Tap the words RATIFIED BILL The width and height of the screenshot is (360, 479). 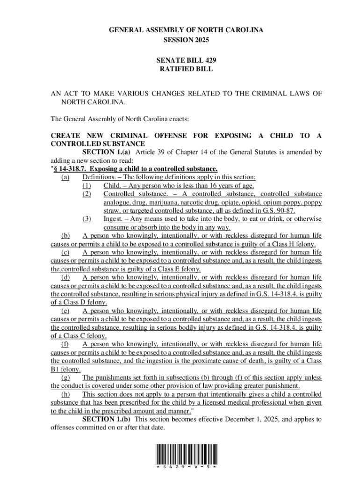[x=186, y=69]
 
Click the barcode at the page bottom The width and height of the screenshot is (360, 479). [x=186, y=454]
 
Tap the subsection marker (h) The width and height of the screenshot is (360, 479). [x=65, y=394]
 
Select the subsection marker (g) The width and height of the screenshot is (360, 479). [x=65, y=377]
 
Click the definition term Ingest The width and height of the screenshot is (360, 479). [x=113, y=219]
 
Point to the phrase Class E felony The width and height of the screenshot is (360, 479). [x=180, y=269]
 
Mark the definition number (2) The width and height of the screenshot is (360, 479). [x=86, y=194]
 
